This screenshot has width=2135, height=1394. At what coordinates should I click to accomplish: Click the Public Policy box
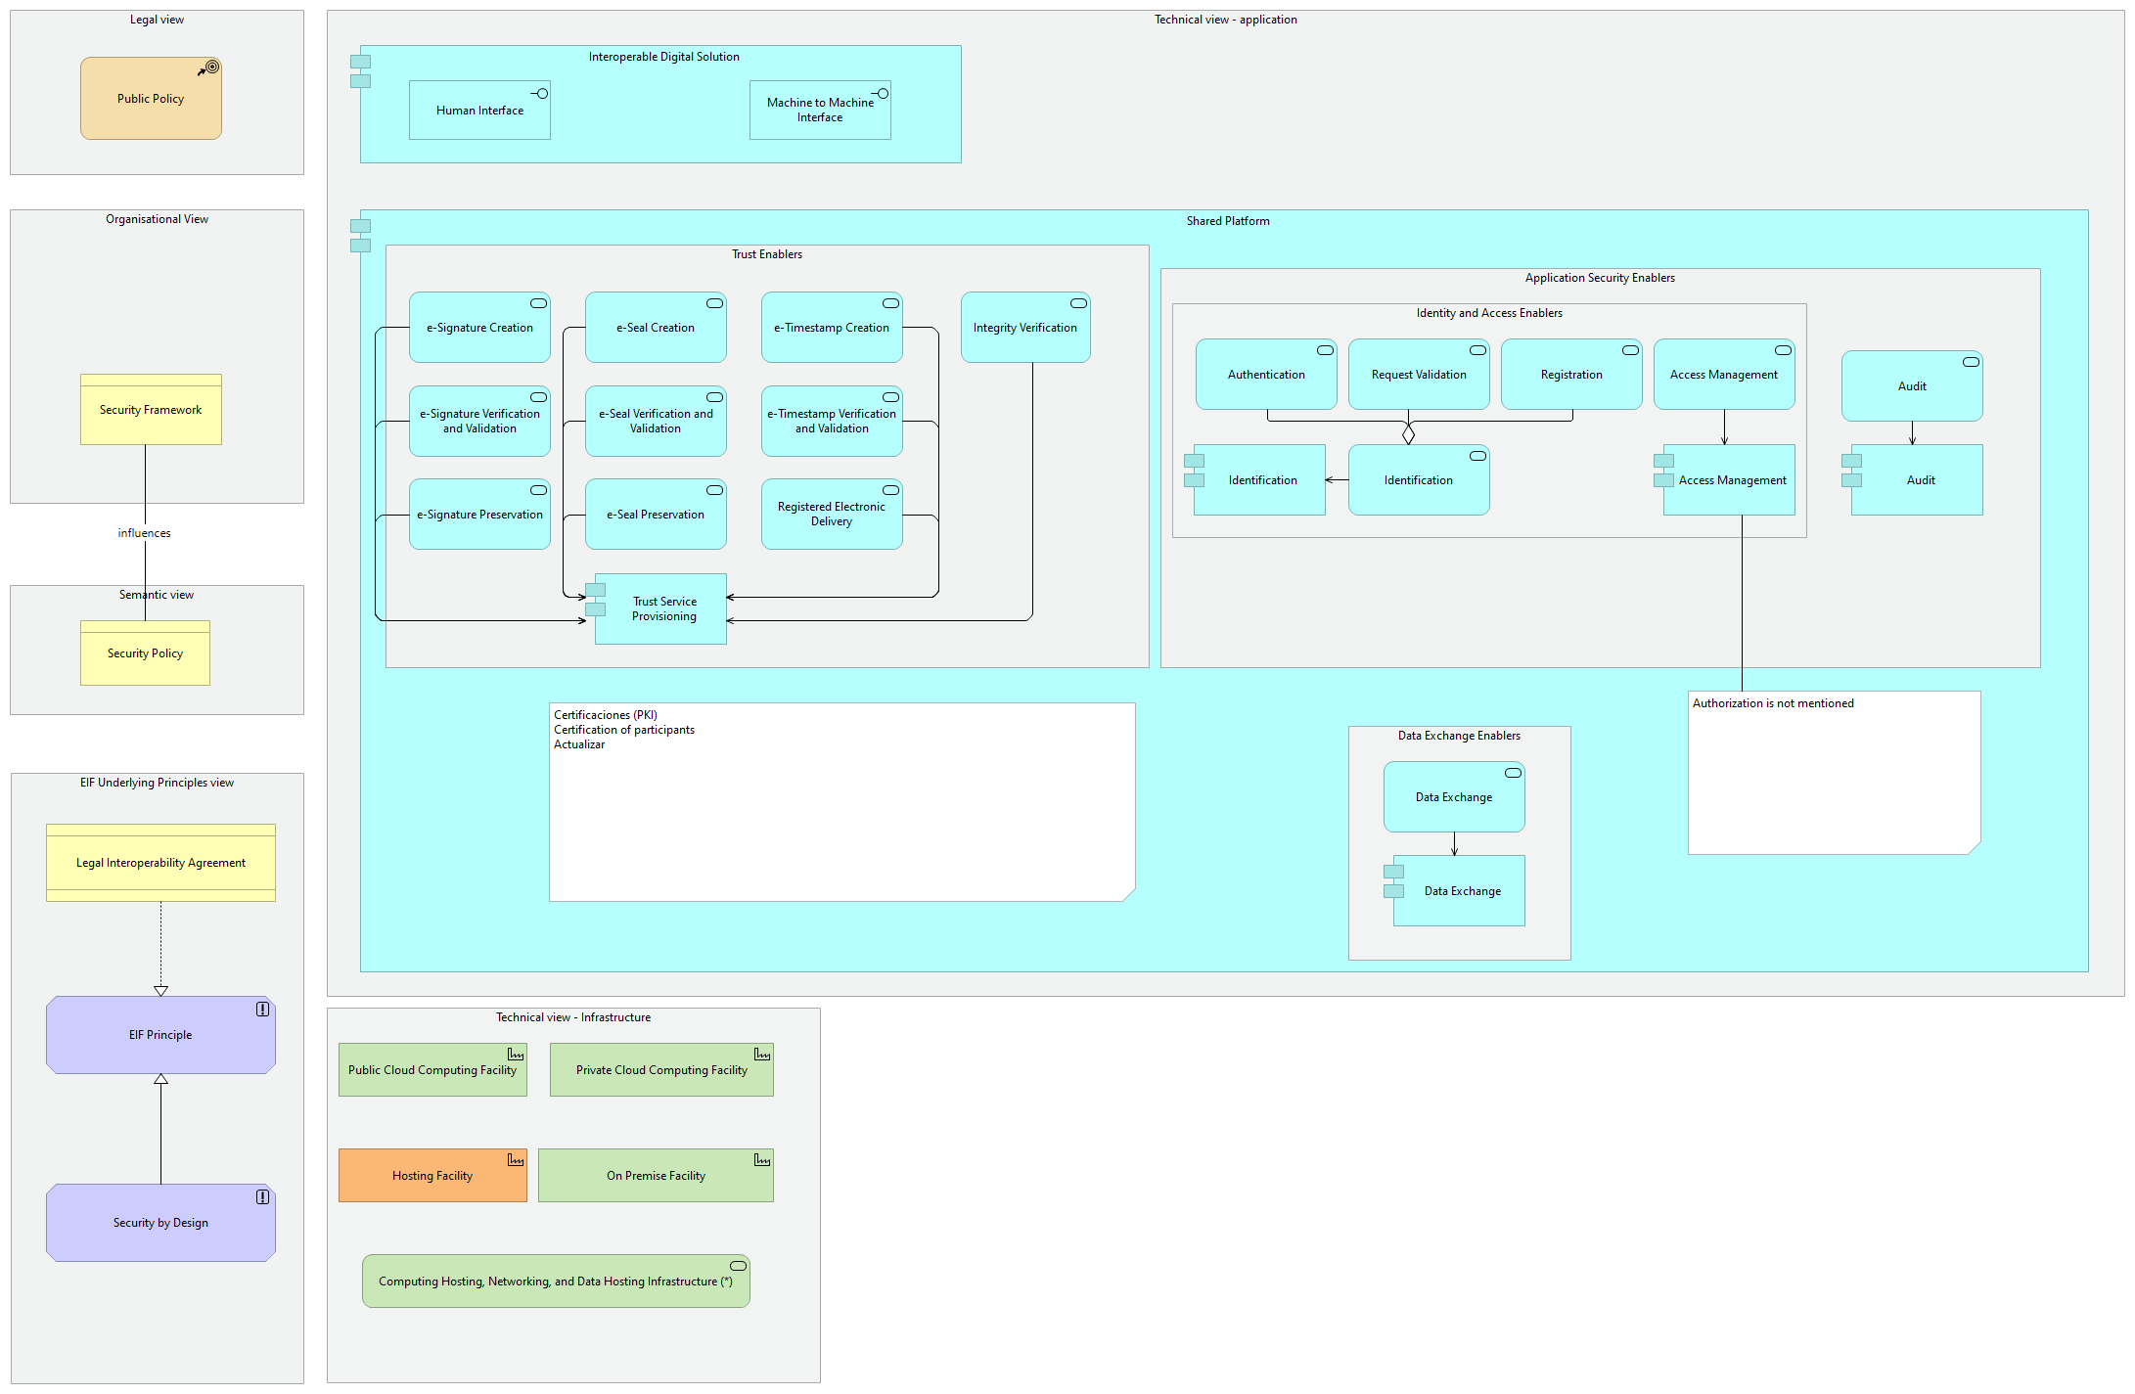(x=151, y=99)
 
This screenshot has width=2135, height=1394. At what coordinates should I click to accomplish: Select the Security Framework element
(x=151, y=410)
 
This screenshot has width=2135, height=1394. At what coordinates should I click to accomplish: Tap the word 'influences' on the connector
(x=144, y=533)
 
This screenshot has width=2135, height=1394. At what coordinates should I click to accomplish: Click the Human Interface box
(x=479, y=111)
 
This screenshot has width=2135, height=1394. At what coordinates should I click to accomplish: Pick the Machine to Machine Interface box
(x=820, y=111)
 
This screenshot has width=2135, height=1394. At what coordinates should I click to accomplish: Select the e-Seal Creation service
(x=656, y=328)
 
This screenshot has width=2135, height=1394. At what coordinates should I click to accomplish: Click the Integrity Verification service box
(x=1024, y=328)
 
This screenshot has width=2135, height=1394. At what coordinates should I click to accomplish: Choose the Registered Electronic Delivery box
(x=832, y=515)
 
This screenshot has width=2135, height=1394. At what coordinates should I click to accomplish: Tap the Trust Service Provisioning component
(x=663, y=609)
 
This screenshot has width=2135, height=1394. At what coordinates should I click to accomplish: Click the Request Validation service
(x=1419, y=375)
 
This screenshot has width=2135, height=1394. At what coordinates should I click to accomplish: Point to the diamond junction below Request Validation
(x=1408, y=433)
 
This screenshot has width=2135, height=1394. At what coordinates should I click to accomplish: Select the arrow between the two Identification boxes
(x=1337, y=480)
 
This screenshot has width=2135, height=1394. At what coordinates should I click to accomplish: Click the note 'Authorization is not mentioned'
(x=1834, y=773)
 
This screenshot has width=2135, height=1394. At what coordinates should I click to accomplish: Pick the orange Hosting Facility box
(x=432, y=1176)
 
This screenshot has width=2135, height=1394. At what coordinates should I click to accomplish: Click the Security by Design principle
(x=160, y=1223)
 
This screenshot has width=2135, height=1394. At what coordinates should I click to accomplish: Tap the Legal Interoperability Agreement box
(x=160, y=863)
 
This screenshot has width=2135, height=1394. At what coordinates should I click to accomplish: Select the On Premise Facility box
(x=656, y=1176)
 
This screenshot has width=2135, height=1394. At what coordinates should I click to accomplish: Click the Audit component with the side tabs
(x=1920, y=480)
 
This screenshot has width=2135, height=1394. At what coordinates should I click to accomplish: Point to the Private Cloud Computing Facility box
(x=661, y=1070)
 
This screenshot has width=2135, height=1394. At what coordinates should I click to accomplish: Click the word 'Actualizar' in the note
(x=579, y=744)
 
